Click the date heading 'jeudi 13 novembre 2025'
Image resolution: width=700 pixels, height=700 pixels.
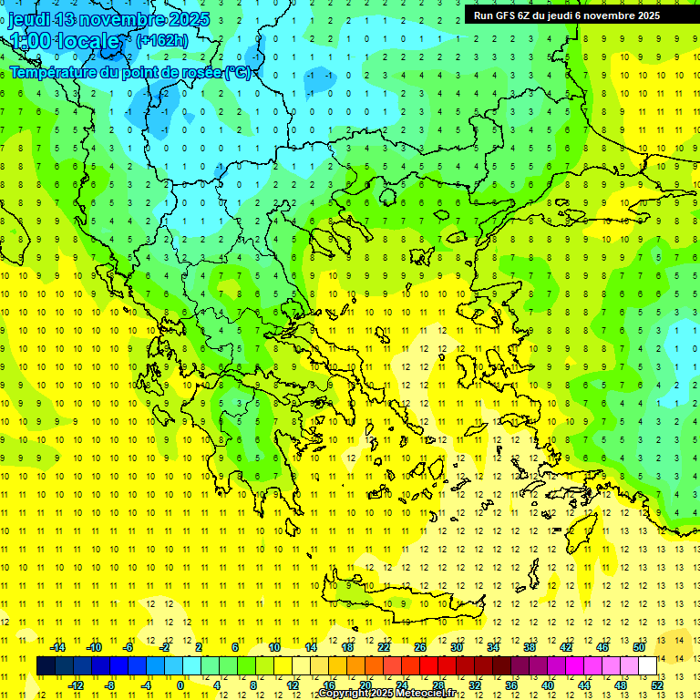[108, 19]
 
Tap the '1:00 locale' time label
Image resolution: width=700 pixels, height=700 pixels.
[64, 41]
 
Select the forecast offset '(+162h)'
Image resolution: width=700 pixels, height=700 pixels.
[162, 40]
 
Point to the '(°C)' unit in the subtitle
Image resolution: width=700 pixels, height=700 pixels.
[239, 71]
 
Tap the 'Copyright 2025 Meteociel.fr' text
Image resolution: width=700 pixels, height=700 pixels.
[386, 694]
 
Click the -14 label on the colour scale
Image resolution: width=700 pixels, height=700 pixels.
[57, 647]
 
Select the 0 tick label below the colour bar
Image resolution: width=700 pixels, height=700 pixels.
[180, 685]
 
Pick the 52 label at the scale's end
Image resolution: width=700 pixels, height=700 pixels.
[657, 685]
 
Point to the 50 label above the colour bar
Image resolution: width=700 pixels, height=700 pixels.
[639, 647]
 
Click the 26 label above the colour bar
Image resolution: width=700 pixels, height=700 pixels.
[420, 647]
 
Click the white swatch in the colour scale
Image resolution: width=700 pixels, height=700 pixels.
[648, 666]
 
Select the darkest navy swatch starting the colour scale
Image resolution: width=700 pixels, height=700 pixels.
[46, 666]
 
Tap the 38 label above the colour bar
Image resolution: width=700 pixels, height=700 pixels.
[530, 647]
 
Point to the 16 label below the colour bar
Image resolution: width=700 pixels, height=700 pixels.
[329, 685]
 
